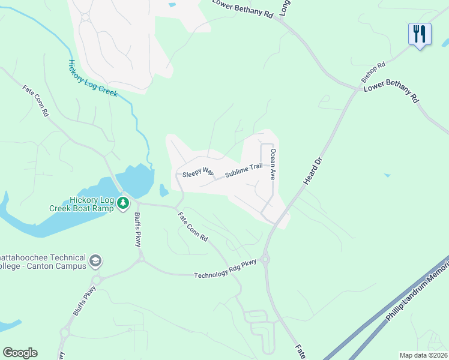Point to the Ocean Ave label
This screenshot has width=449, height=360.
pyautogui.click(x=273, y=165)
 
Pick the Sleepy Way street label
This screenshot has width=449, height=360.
pyautogui.click(x=198, y=171)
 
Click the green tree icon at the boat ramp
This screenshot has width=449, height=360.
pyautogui.click(x=123, y=204)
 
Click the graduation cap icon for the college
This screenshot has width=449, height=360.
pyautogui.click(x=95, y=261)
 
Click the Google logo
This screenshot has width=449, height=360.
pyautogui.click(x=20, y=353)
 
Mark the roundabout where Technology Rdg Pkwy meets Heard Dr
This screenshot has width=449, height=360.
pyautogui.click(x=265, y=260)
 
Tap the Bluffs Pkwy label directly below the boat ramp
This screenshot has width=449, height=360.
pyautogui.click(x=137, y=227)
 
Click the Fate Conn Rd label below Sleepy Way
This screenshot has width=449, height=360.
pyautogui.click(x=192, y=226)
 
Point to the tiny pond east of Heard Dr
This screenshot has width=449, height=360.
pyautogui.click(x=387, y=175)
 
